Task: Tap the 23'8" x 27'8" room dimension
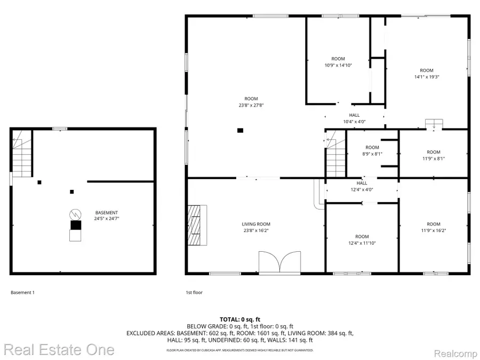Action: [251, 106]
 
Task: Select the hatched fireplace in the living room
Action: [197, 225]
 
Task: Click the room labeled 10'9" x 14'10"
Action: [338, 62]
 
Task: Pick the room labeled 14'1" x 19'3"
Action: [426, 74]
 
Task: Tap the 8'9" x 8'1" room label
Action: [372, 151]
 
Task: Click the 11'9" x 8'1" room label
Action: [433, 155]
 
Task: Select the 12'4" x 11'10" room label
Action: [362, 240]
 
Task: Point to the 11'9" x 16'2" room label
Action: [433, 227]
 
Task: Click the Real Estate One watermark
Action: [58, 350]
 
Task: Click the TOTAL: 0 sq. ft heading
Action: [239, 319]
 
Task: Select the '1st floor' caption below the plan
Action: [194, 292]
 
